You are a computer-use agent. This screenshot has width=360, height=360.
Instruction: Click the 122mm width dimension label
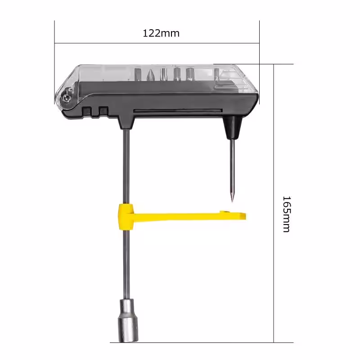pos(161,33)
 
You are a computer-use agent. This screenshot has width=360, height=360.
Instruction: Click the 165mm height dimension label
pos(287,214)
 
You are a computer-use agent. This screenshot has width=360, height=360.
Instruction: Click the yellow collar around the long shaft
pos(126,217)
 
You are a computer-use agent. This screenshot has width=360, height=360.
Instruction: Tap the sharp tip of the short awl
pos(232,202)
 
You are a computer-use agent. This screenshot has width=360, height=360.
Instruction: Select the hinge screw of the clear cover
pos(66,98)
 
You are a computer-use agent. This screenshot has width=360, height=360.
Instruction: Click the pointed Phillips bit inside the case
pos(150,75)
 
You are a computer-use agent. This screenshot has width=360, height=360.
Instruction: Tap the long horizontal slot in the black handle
pos(178,111)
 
